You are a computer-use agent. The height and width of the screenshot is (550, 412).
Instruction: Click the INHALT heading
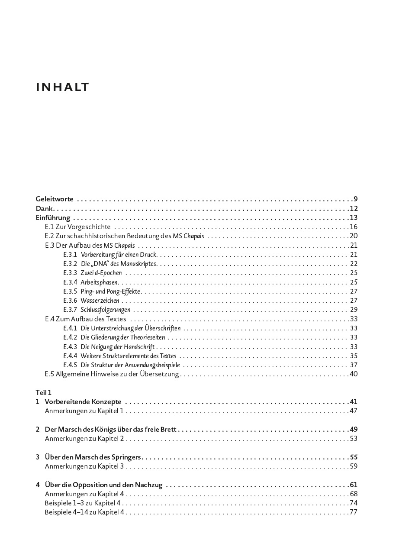coord(62,87)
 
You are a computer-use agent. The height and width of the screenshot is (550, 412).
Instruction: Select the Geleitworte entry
coord(55,199)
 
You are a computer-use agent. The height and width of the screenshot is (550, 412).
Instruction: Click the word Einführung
coord(53,218)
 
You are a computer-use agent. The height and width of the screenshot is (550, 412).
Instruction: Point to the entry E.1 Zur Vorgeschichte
coord(78,227)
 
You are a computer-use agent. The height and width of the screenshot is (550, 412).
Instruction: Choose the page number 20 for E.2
coord(354,236)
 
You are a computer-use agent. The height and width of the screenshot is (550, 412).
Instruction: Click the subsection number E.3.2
coord(70,264)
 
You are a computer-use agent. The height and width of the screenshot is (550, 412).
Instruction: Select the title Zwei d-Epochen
coord(101,273)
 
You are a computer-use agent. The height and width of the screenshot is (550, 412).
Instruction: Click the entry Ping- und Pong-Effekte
coord(111,291)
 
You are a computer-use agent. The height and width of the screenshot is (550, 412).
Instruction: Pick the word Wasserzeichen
coord(100,301)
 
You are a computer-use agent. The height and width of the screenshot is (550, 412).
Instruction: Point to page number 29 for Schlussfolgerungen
coord(354,310)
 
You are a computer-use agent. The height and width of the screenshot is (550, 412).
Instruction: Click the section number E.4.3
coord(70,346)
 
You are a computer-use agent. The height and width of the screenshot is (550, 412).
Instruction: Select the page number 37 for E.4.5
coord(354,365)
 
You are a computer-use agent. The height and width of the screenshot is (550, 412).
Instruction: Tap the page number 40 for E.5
coord(354,374)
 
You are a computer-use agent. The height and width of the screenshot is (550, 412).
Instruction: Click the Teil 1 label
coord(43,392)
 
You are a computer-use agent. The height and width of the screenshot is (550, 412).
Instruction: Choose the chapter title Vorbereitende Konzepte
coord(83,402)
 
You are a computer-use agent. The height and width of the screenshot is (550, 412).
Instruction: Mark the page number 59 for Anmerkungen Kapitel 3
coord(354,466)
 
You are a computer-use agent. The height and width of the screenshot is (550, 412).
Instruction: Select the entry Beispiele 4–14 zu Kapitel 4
coord(84,512)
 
